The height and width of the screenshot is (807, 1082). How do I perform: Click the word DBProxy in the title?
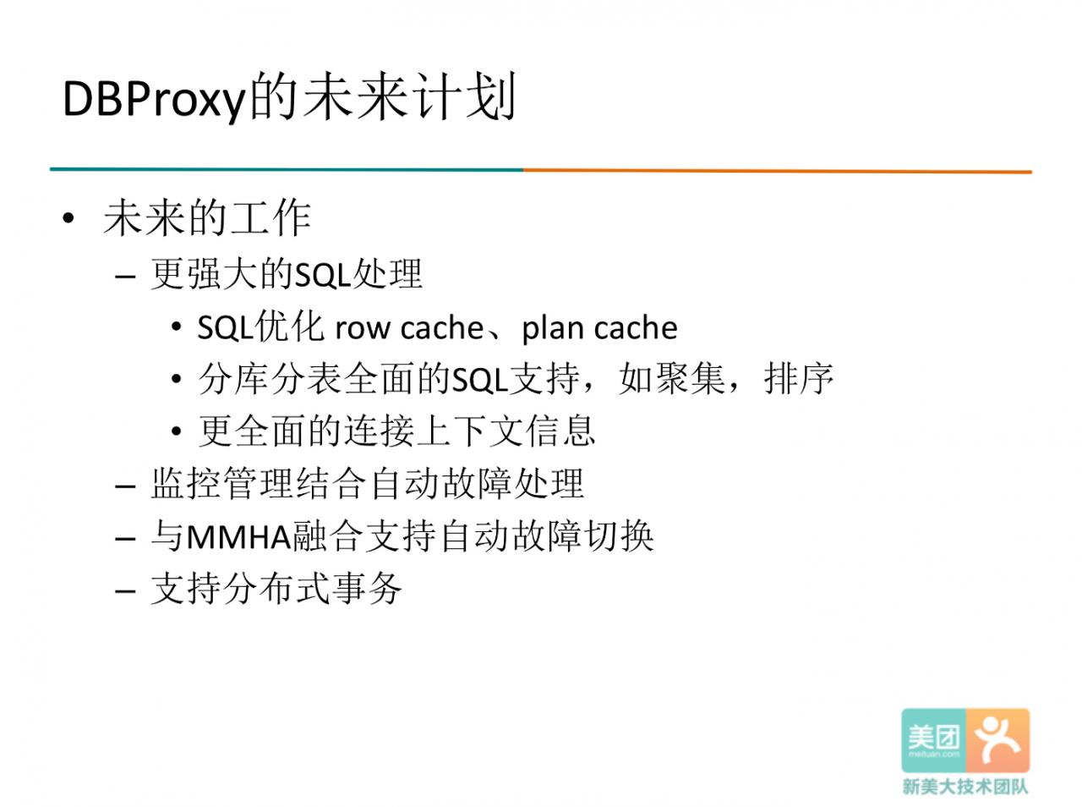(x=155, y=100)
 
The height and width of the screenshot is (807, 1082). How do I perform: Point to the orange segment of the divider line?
(x=778, y=171)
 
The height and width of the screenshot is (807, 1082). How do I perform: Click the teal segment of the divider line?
(x=287, y=169)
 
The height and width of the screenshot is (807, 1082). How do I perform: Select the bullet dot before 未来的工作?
(x=68, y=218)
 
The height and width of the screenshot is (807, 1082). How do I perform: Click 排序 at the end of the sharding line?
(x=799, y=379)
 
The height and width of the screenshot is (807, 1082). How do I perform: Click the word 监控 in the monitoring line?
(x=185, y=483)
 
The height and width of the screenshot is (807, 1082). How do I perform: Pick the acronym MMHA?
(x=239, y=536)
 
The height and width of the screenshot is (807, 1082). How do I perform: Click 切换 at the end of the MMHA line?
(x=619, y=535)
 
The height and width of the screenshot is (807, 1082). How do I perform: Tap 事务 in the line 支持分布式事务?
(x=367, y=589)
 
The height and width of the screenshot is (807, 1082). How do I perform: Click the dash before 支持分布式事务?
(x=125, y=590)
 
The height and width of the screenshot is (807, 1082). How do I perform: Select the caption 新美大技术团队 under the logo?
(x=965, y=787)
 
